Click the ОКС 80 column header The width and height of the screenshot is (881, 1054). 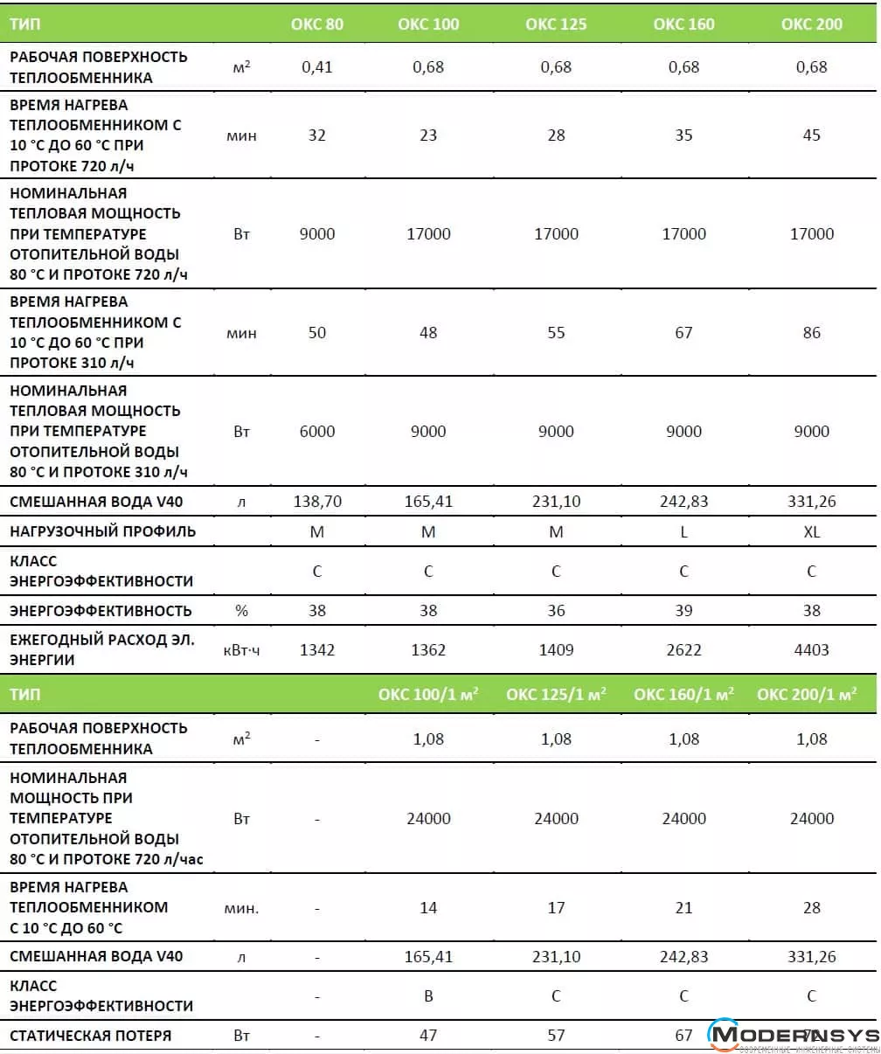pos(316,24)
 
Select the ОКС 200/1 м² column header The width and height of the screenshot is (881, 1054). pos(812,695)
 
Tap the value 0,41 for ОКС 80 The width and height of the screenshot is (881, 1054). pos(316,67)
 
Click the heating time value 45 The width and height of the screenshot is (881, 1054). pos(811,135)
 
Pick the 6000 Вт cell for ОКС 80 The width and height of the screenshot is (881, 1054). pos(316,432)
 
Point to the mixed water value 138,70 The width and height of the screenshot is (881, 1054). pos(316,502)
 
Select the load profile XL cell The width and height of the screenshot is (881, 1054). pos(811,531)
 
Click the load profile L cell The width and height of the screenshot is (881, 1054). pos(683,531)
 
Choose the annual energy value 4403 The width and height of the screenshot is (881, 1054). pos(811,650)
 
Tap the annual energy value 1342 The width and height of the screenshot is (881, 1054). pos(316,650)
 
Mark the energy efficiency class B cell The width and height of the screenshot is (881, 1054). pos(428,996)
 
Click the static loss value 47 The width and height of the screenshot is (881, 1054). pos(428,1036)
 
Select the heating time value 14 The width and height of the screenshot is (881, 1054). pos(428,908)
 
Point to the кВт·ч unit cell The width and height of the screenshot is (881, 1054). pos(241,650)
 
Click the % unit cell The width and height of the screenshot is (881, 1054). pos(241,611)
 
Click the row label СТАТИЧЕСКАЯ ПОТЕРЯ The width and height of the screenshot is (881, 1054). pos(91,1036)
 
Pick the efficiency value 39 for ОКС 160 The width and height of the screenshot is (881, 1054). pos(683,611)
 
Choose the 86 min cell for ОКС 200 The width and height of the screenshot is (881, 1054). pos(811,333)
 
